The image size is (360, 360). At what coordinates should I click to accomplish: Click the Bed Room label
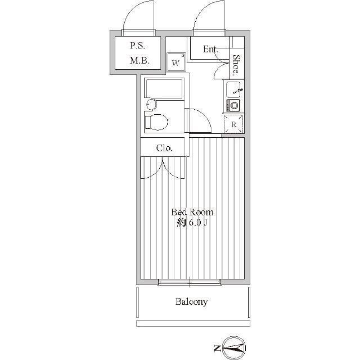[x=192, y=212]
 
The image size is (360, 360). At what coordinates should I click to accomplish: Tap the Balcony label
[x=192, y=301]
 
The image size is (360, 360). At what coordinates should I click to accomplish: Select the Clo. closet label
[x=164, y=148]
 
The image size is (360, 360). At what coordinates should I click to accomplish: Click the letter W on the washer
[x=175, y=63]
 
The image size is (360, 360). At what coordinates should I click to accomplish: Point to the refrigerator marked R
[x=233, y=124]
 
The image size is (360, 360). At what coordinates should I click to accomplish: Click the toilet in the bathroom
[x=156, y=122]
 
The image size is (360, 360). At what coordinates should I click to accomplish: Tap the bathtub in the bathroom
[x=164, y=89]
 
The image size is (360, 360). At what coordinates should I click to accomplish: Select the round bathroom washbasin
[x=151, y=105]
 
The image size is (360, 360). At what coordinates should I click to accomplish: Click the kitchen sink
[x=233, y=89]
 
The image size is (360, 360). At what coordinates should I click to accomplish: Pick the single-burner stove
[x=233, y=105]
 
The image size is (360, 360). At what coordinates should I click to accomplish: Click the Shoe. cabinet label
[x=236, y=65]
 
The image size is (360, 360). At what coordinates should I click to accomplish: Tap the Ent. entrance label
[x=210, y=49]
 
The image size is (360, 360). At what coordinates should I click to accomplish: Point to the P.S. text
[x=137, y=46]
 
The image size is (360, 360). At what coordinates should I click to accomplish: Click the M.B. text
[x=140, y=61]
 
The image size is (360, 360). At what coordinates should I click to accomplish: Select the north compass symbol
[x=234, y=348]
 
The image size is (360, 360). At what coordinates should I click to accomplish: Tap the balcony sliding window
[x=190, y=282]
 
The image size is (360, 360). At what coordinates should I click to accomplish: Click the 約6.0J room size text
[x=192, y=223]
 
